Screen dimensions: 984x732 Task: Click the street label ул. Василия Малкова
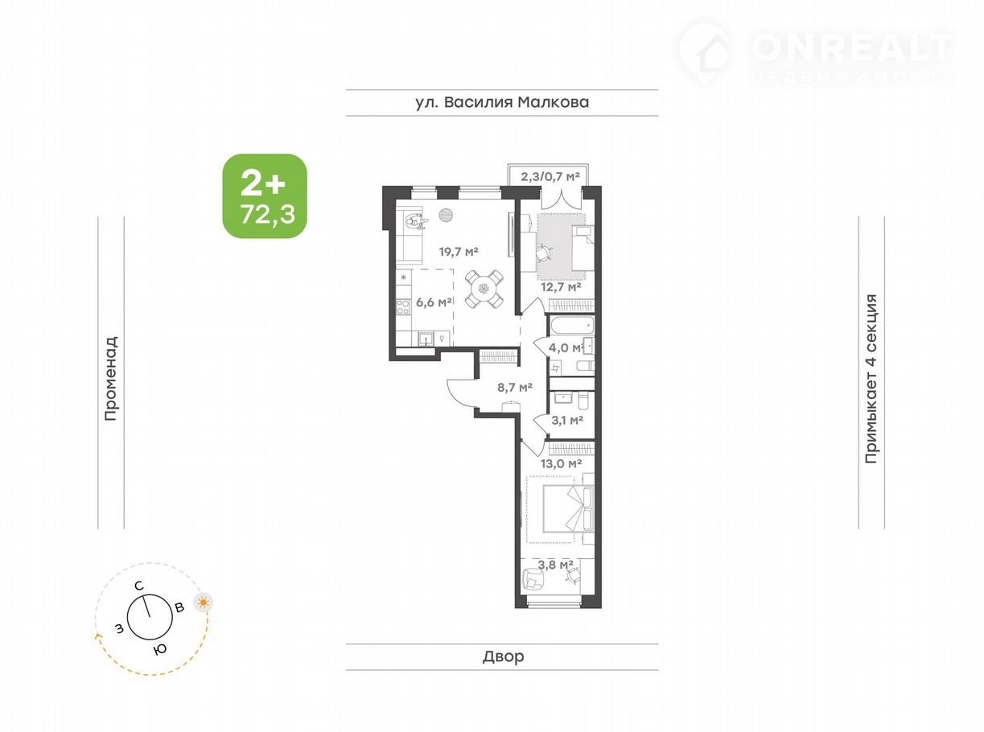click(x=502, y=102)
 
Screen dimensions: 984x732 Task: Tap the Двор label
click(x=503, y=656)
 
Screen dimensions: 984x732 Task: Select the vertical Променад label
click(x=111, y=378)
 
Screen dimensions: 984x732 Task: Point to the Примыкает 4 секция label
click(x=871, y=378)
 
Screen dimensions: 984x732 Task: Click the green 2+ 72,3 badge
click(x=265, y=195)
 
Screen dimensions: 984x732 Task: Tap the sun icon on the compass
click(x=204, y=602)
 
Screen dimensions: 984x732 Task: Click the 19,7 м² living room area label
click(x=459, y=252)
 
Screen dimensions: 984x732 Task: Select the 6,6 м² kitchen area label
click(x=434, y=302)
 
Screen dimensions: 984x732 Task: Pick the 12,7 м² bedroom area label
click(x=561, y=287)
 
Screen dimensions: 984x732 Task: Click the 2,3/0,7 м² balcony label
click(x=550, y=177)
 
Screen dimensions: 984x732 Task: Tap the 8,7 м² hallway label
click(x=515, y=387)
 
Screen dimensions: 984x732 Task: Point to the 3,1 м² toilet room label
click(x=567, y=420)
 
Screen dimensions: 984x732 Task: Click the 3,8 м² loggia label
click(x=555, y=565)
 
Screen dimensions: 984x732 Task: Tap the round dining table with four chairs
click(x=484, y=290)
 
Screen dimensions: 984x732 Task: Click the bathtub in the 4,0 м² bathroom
click(x=571, y=326)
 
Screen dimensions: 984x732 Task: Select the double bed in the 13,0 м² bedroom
click(x=568, y=509)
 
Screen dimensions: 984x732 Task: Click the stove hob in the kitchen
click(x=403, y=306)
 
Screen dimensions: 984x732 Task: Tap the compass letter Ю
click(x=160, y=649)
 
